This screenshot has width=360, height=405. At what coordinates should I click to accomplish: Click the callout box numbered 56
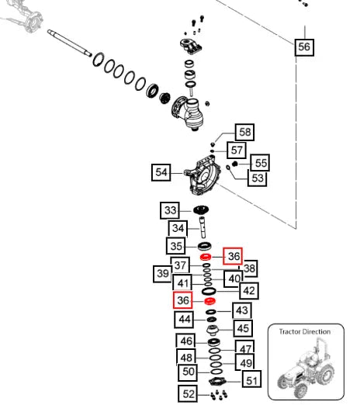click(x=304, y=47)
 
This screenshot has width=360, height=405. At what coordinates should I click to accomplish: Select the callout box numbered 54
click(x=161, y=172)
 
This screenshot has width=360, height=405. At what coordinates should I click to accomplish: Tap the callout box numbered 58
click(x=244, y=132)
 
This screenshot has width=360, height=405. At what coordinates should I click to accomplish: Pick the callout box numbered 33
click(x=170, y=210)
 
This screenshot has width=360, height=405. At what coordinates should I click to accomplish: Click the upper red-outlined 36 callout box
click(x=233, y=256)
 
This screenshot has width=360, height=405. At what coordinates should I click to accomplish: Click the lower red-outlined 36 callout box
click(x=183, y=300)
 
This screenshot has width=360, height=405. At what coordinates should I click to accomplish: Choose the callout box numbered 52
click(x=188, y=393)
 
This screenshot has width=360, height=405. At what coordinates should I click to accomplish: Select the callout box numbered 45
click(x=243, y=328)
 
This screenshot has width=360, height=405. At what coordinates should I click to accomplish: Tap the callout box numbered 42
click(x=249, y=291)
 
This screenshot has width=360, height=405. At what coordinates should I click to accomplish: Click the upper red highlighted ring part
click(x=206, y=257)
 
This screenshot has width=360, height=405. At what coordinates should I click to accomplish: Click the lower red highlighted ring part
click(x=209, y=301)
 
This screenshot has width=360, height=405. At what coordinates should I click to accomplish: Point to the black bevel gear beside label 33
click(x=201, y=209)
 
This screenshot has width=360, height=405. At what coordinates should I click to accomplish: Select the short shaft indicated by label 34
click(x=202, y=227)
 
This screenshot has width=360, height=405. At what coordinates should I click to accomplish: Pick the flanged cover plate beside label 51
click(x=217, y=382)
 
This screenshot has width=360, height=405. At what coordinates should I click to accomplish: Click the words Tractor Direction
click(x=305, y=332)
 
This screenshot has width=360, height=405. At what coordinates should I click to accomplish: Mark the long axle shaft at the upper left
click(x=69, y=43)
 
